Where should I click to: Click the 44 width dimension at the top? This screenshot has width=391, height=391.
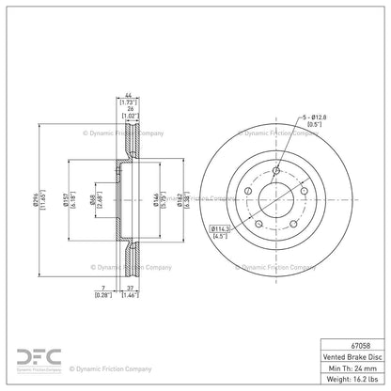tap(127, 94)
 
